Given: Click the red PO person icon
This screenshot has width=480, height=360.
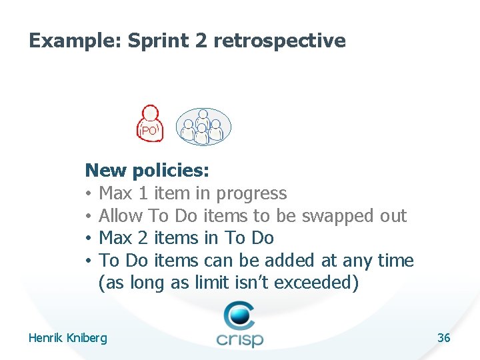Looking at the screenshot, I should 150,123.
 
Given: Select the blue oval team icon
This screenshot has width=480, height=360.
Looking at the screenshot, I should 203,127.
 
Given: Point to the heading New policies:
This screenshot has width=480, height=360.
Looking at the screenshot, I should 147,171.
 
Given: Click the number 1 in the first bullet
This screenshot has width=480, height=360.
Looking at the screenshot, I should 142,193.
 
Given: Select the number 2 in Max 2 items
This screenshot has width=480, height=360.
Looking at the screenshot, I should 142,238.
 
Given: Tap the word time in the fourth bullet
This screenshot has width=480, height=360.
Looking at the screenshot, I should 396,261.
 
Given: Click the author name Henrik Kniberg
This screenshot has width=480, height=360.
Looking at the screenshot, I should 67,338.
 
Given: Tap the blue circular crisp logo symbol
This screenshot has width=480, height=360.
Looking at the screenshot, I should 239,315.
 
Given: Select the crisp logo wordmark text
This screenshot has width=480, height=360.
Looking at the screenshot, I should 239,339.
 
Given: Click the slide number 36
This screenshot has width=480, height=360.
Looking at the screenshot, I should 443,338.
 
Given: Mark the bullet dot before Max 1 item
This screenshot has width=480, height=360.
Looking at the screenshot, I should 89,194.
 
